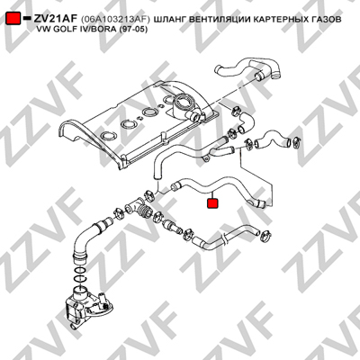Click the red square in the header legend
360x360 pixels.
[x=13, y=19]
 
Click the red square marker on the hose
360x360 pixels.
[x=212, y=203]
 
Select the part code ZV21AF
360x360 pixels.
[x=56, y=19]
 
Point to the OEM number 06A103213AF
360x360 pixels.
[x=115, y=20]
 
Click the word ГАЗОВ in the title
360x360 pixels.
[x=327, y=20]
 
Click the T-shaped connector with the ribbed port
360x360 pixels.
[x=137, y=208]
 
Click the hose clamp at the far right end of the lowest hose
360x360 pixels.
[x=266, y=235]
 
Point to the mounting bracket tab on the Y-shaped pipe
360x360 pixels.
[x=206, y=158]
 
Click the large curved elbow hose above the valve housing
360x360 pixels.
[x=88, y=241]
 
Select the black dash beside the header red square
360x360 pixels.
[x=27, y=18]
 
